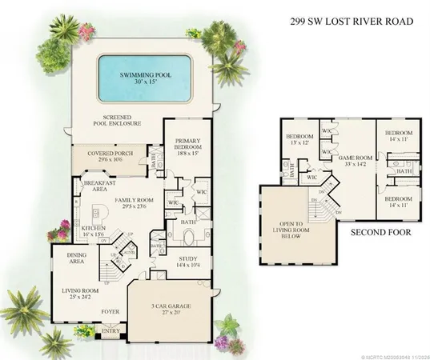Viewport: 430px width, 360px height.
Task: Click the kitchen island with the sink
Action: pos(101,215)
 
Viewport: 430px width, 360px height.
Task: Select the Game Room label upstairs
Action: pos(353,163)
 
